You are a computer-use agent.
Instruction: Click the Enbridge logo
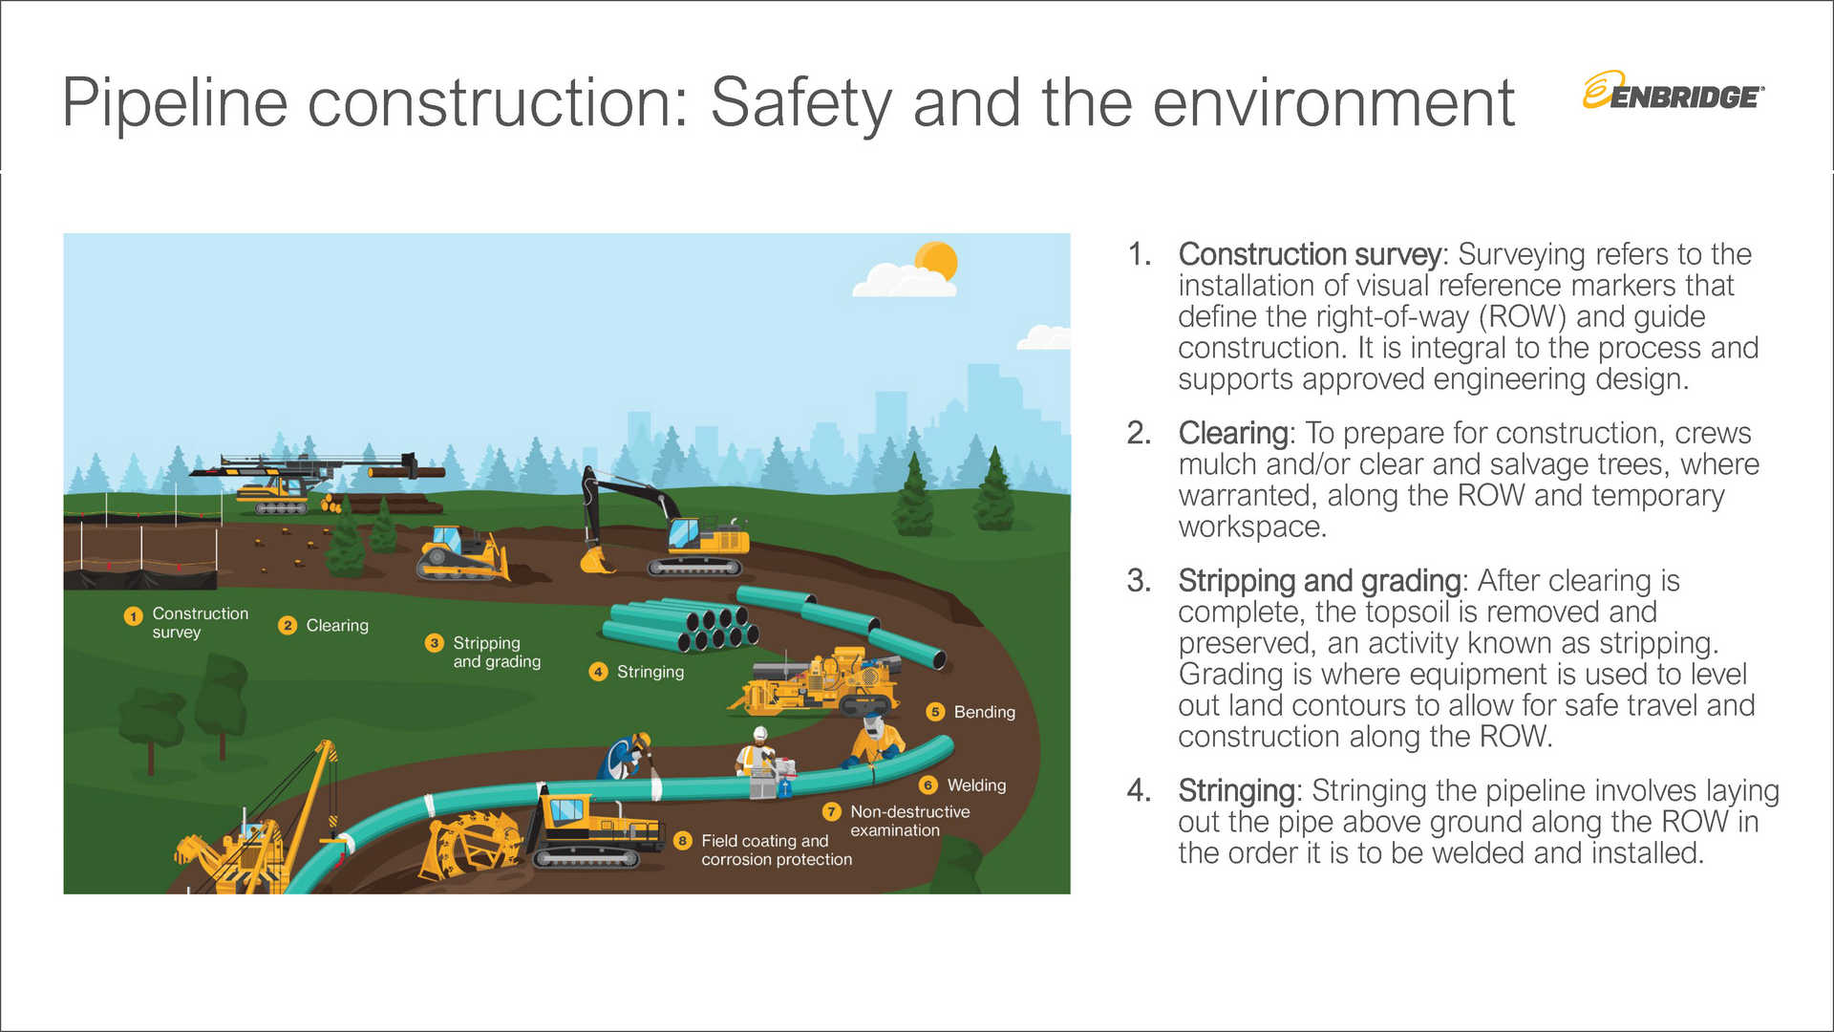tap(1673, 92)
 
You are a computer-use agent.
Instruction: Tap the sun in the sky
tap(936, 261)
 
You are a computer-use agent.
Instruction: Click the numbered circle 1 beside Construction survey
tap(133, 616)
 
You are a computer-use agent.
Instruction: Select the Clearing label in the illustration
tap(336, 625)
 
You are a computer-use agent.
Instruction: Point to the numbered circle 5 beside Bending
tap(935, 712)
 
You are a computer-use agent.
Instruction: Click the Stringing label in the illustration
tap(650, 672)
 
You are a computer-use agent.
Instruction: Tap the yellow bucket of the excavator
tap(596, 561)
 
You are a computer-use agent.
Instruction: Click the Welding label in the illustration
tap(975, 785)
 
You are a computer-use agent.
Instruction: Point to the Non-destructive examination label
tap(908, 821)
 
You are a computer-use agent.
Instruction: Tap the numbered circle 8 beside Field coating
tap(682, 841)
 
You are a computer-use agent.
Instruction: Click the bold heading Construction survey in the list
tap(1309, 254)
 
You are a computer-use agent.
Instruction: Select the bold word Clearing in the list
tap(1233, 433)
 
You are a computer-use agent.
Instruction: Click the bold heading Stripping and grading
tap(1319, 580)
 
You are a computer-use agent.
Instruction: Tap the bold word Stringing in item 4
tap(1236, 790)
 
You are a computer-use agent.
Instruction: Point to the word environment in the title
tap(1333, 102)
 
